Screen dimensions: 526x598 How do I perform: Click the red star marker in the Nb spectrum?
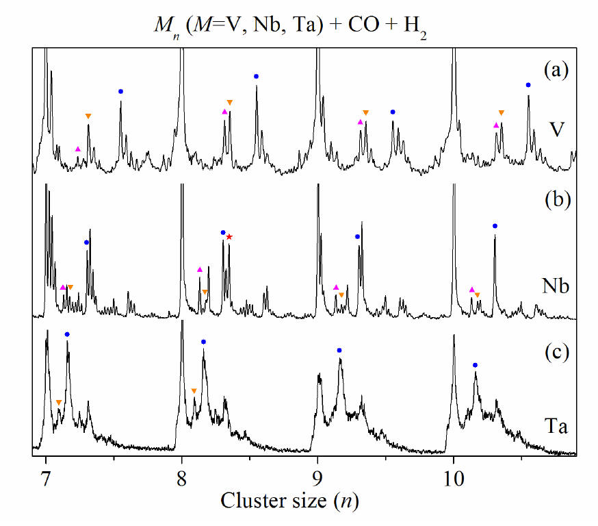(229, 237)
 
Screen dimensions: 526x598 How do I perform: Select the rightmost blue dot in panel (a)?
(528, 85)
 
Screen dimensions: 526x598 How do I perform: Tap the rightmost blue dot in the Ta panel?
(475, 365)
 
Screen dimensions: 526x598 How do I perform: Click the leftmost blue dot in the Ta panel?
(67, 334)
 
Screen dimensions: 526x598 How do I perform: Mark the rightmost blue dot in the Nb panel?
(495, 226)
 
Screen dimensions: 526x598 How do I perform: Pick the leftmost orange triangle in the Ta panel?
(59, 402)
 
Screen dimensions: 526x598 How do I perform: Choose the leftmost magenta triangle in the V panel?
(78, 149)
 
